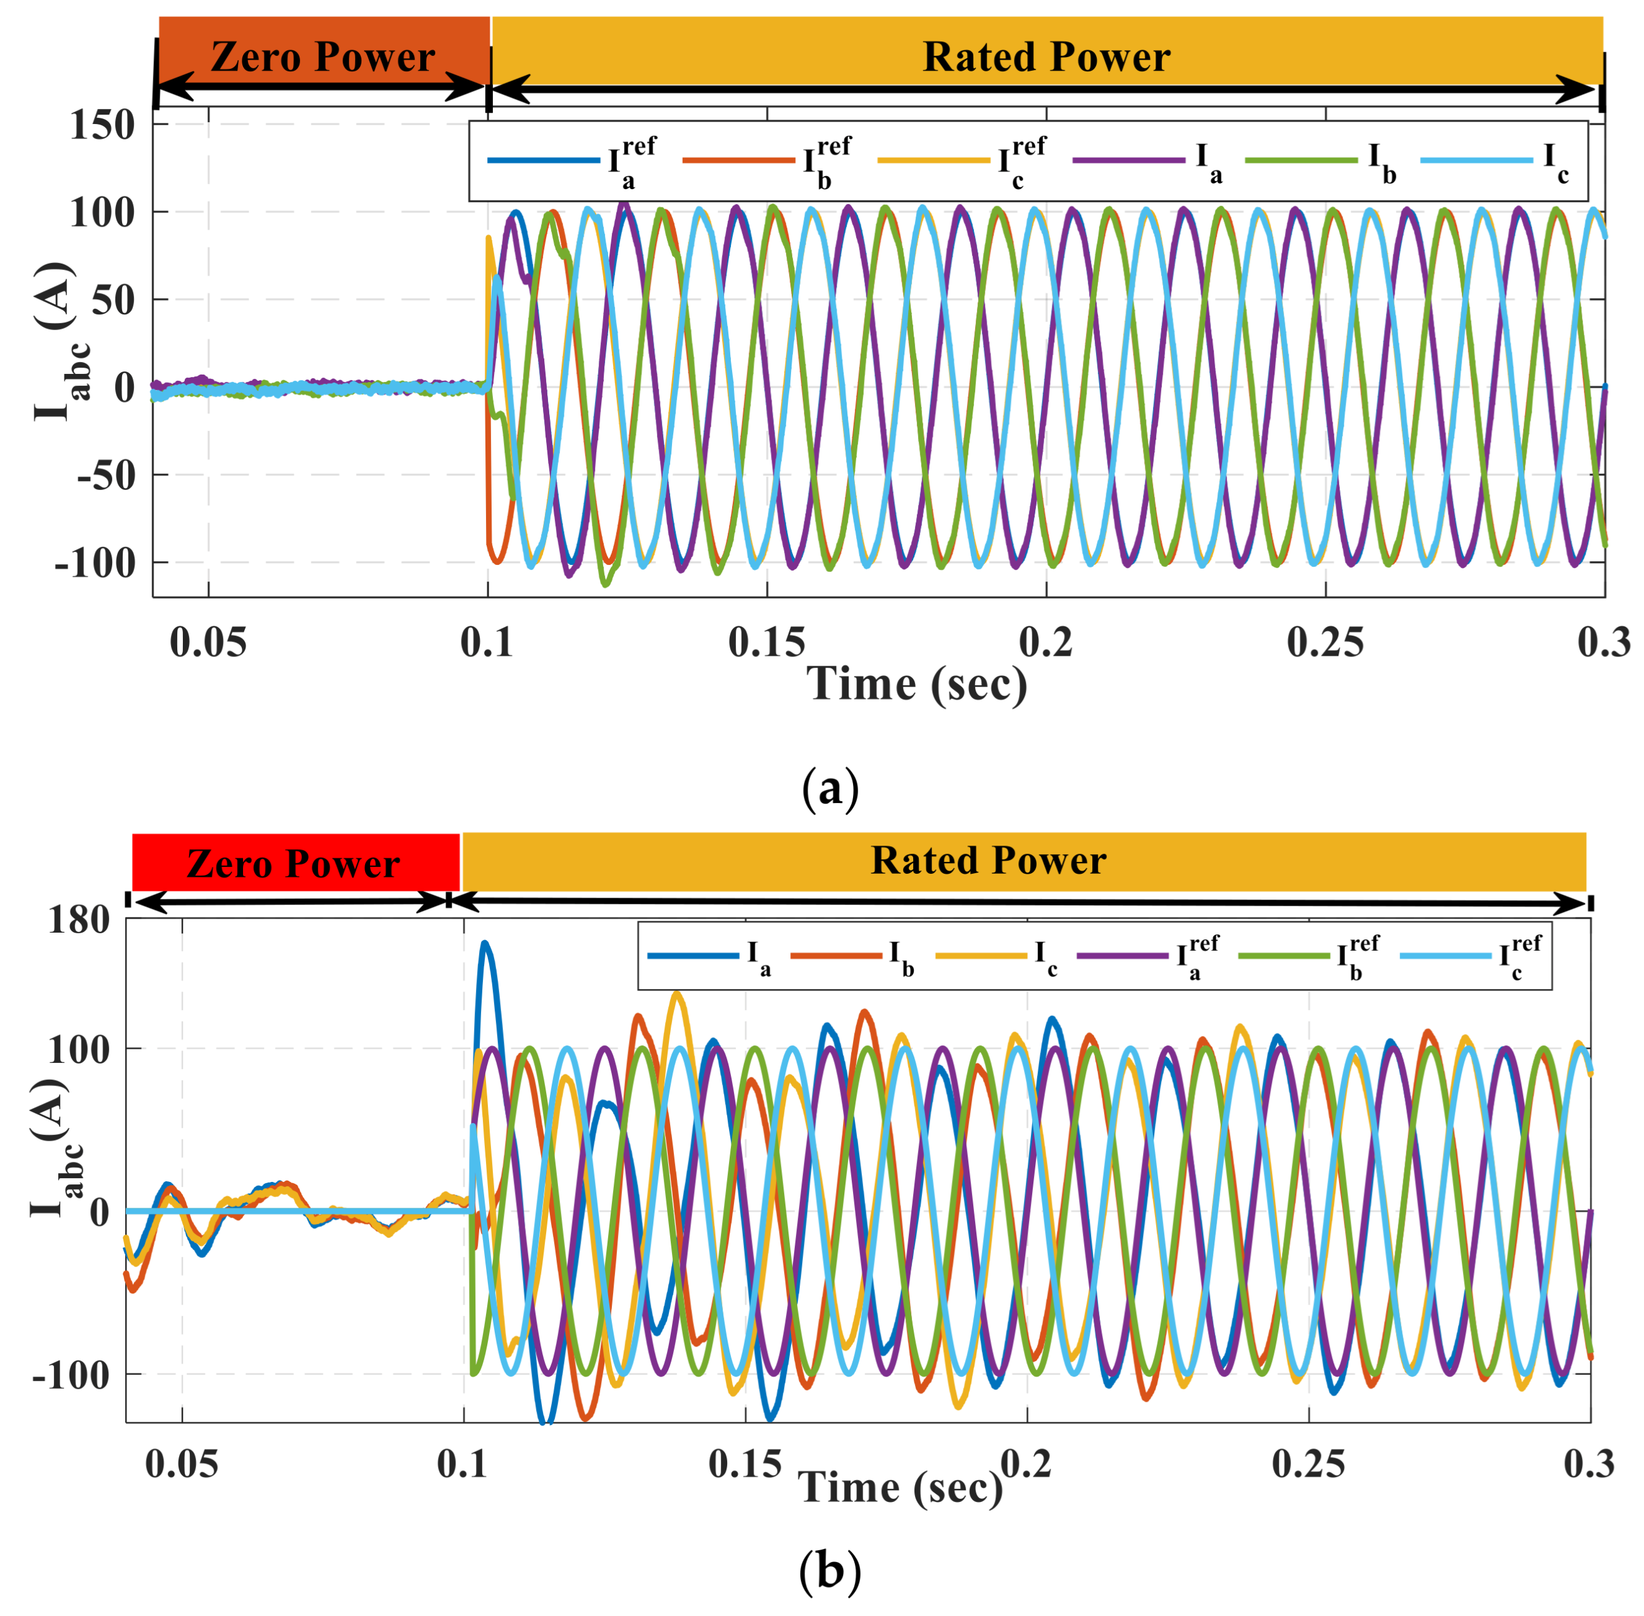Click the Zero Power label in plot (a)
[x=323, y=58]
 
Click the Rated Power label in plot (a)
[x=1046, y=58]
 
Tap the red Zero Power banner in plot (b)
[x=294, y=863]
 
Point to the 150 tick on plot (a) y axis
[x=103, y=126]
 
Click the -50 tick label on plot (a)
[x=105, y=475]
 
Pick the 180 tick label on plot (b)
[x=79, y=920]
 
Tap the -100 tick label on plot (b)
[x=71, y=1374]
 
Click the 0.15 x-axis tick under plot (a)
[x=767, y=643]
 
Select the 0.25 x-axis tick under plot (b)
[x=1308, y=1464]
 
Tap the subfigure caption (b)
[x=829, y=1571]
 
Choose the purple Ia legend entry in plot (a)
[x=1150, y=160]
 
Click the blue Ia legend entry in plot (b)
[x=710, y=956]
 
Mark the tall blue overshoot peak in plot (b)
[x=485, y=944]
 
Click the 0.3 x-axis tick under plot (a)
[x=1603, y=643]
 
